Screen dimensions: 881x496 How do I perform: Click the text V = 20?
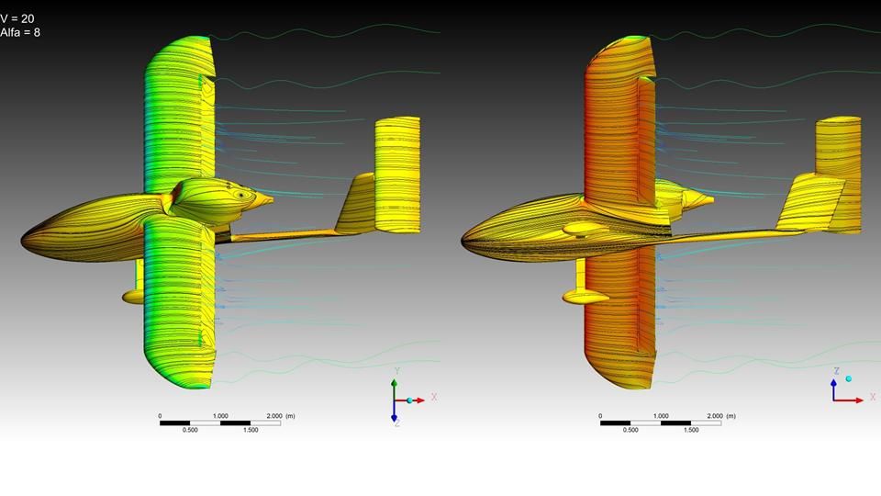17,19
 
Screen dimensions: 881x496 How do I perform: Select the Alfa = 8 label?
20,33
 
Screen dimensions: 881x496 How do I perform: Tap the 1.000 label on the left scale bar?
220,416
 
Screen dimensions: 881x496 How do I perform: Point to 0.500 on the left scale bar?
190,430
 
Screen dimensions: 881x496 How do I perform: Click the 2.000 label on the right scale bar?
715,416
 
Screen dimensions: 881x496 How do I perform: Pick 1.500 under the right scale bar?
691,430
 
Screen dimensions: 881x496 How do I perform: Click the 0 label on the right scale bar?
600,416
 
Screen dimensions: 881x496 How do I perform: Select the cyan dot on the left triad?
409,400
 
